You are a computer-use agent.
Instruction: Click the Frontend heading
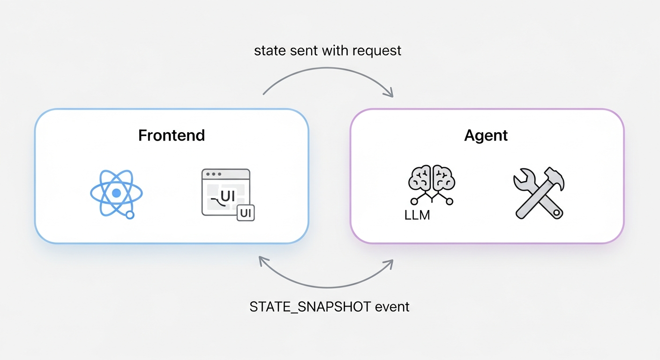pos(172,135)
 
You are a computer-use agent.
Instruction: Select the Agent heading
pos(486,135)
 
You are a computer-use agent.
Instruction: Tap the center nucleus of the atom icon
pos(116,193)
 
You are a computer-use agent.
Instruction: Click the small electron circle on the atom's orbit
pos(130,215)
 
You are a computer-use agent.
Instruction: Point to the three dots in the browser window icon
pos(213,174)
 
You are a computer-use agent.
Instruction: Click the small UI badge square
pos(246,213)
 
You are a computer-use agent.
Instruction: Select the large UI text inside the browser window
pos(227,196)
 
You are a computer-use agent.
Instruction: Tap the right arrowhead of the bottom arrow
pos(389,262)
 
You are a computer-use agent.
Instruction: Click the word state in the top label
pos(269,51)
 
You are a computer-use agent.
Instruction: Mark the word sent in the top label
pos(301,51)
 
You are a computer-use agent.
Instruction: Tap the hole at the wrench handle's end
pos(556,212)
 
